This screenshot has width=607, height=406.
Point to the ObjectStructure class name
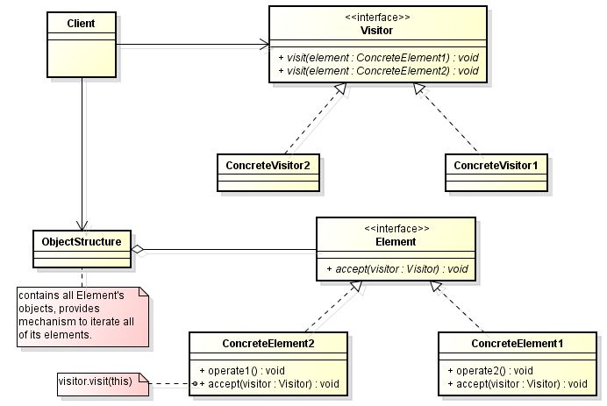coord(81,239)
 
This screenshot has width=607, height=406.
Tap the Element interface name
coord(396,241)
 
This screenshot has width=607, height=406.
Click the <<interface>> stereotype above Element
coord(396,228)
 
